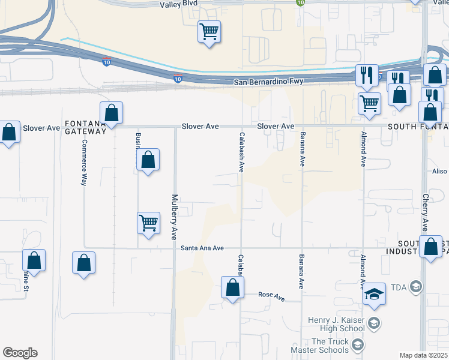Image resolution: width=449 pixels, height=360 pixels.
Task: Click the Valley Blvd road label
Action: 178,4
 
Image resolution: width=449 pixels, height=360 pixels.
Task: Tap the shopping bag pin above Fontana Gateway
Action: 111,113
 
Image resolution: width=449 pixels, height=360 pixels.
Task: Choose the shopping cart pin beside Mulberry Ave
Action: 148,223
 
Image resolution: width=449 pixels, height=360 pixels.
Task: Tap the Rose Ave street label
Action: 271,295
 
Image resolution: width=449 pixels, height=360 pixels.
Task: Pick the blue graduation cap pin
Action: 374,295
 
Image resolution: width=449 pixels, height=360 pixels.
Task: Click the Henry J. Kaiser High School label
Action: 336,323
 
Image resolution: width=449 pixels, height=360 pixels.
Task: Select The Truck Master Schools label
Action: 319,345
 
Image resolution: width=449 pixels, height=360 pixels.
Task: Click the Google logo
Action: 20,353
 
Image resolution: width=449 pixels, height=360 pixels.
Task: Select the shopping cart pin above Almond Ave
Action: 369,103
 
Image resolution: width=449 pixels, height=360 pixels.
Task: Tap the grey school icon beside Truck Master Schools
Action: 358,344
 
